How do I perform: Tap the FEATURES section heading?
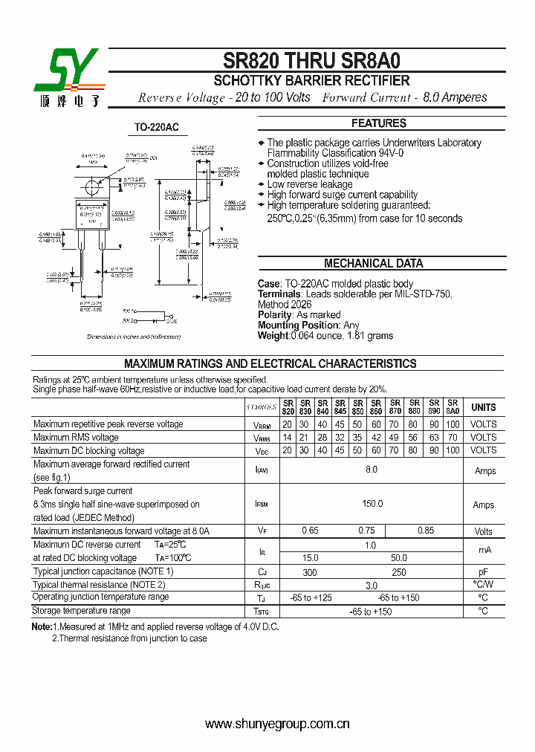(x=378, y=123)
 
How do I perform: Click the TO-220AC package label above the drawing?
(x=156, y=128)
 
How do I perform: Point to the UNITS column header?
(x=483, y=407)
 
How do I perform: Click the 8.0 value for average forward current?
(x=372, y=470)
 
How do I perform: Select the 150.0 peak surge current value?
(x=372, y=504)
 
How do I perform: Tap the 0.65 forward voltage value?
(x=310, y=531)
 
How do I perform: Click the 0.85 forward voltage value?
(x=425, y=531)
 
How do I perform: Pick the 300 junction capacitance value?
(x=310, y=572)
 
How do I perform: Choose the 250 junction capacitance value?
(x=398, y=572)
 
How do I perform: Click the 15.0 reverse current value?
(x=310, y=557)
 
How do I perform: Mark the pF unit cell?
(x=483, y=572)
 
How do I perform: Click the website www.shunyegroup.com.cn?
(x=277, y=724)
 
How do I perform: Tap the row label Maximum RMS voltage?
(x=76, y=438)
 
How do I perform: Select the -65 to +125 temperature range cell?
(x=310, y=597)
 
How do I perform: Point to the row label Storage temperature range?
(x=82, y=611)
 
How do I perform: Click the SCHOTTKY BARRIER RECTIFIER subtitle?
(x=311, y=80)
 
